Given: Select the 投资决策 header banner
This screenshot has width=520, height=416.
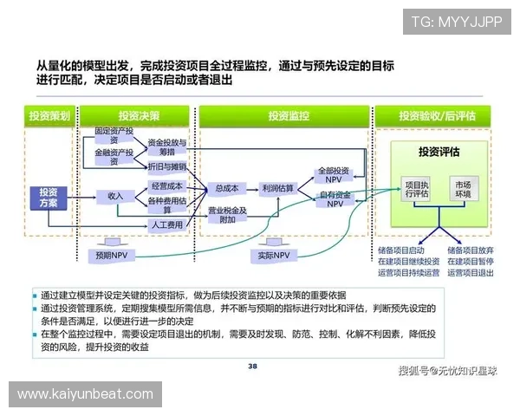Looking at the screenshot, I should tap(139, 115).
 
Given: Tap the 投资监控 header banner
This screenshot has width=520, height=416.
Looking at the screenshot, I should tap(287, 115).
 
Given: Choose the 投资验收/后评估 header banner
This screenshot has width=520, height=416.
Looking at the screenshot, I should tap(432, 115).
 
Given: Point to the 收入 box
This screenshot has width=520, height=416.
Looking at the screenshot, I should tap(115, 197).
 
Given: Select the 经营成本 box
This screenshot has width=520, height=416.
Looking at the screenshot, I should tap(166, 186).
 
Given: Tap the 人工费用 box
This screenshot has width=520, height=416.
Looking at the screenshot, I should tap(166, 225).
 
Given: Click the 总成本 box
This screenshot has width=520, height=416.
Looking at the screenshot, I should tap(226, 188).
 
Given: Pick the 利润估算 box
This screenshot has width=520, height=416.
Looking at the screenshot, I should tap(277, 188).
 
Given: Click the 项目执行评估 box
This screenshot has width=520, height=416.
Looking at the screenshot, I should tap(417, 190).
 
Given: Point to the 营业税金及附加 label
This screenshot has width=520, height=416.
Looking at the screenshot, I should tap(226, 215).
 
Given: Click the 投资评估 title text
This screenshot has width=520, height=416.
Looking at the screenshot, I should tap(439, 152).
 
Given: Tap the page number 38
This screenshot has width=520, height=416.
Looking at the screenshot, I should tap(253, 366).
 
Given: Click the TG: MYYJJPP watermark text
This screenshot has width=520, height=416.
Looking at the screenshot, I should tap(456, 21).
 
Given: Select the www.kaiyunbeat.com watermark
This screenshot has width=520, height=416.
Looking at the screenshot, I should tap(85, 394).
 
